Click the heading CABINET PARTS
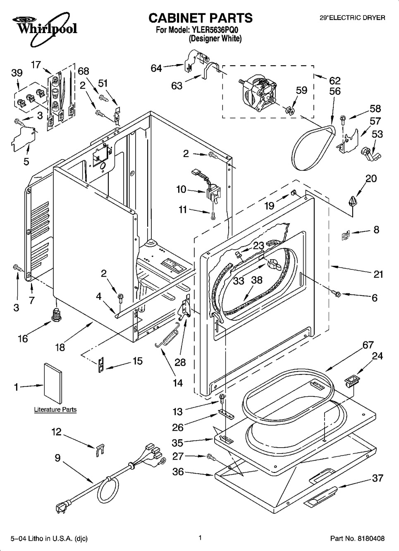(200, 18)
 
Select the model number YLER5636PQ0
(215, 30)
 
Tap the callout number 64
(156, 68)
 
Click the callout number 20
(371, 178)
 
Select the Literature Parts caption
(55, 410)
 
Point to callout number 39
(17, 73)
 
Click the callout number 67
(368, 345)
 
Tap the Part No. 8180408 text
(358, 539)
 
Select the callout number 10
(181, 189)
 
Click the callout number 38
(257, 280)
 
